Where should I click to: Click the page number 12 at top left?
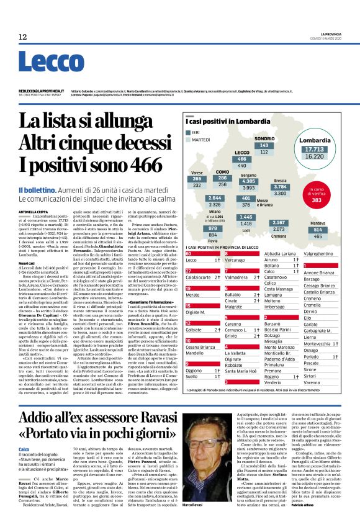pyautogui.click(x=23, y=37)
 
